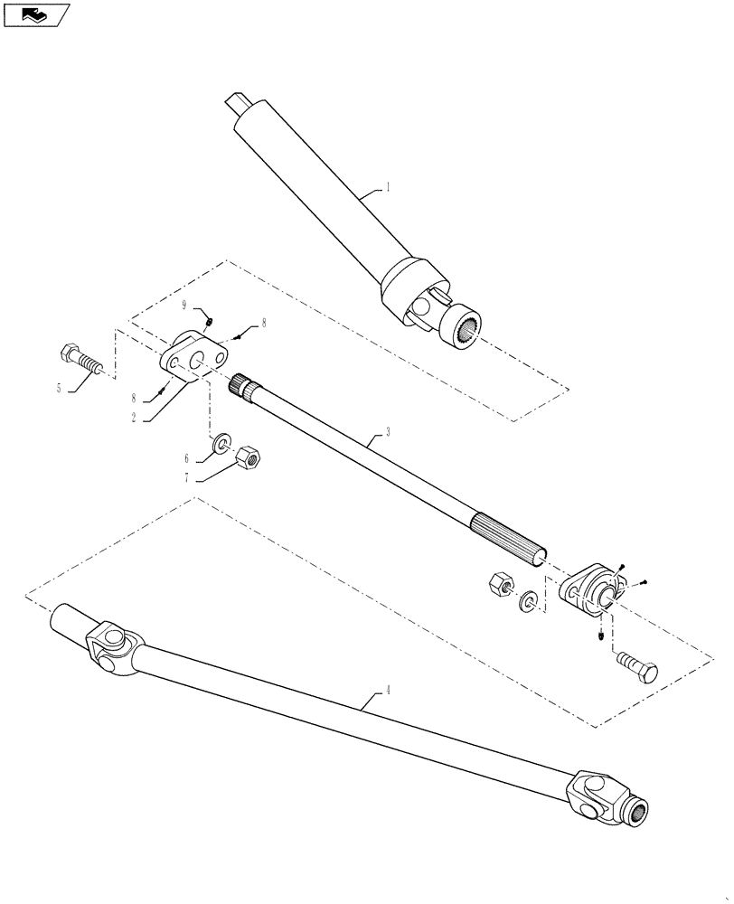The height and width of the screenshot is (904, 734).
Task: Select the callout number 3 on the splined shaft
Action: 388,433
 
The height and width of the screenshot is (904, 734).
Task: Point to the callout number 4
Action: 388,690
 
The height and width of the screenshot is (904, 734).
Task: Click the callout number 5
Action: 59,388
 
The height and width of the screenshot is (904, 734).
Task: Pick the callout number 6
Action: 188,458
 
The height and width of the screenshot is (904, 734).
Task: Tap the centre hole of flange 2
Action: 195,361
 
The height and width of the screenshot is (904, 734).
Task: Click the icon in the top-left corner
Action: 37,14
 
